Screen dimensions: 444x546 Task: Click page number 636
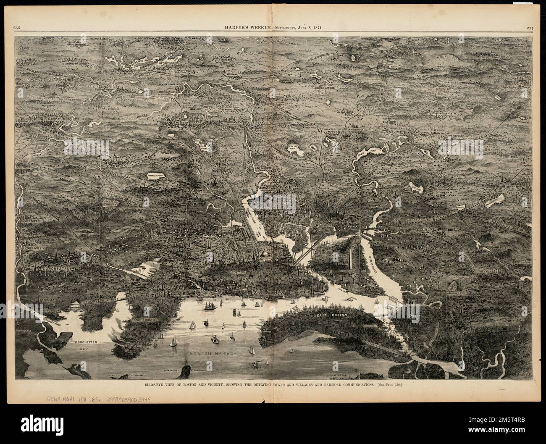17,28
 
